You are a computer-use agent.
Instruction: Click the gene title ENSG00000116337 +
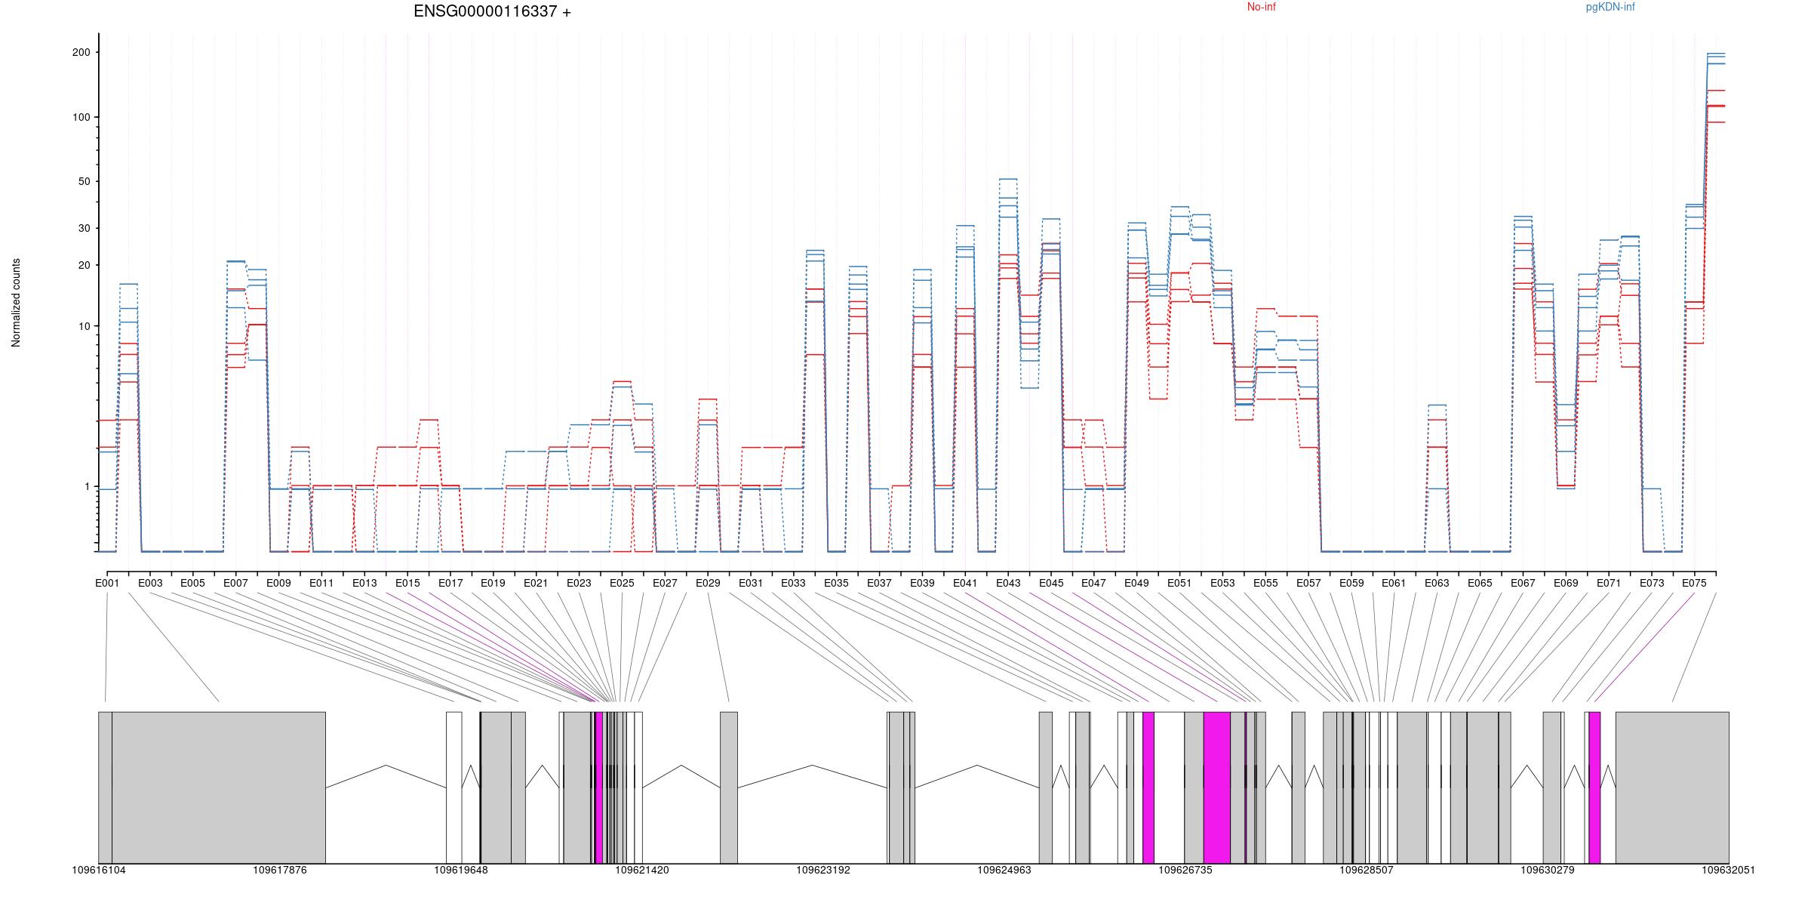tap(492, 12)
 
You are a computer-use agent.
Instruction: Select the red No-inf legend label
tap(1261, 8)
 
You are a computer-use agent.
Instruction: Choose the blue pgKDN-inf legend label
tap(1610, 8)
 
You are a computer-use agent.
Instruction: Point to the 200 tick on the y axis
tap(81, 53)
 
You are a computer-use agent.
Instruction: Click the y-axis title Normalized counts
tap(17, 303)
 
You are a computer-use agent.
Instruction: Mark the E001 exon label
tap(107, 584)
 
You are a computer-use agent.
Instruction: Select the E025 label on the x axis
tap(622, 584)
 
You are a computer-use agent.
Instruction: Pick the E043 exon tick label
tap(1008, 584)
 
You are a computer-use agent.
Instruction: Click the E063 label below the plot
tap(1437, 584)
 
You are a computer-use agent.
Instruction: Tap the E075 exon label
tap(1694, 584)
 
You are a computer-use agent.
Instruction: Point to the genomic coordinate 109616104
tap(99, 871)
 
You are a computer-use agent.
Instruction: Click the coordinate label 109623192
tap(823, 871)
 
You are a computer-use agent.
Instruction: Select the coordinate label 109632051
tap(1728, 871)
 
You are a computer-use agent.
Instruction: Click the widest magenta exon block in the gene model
tap(1216, 787)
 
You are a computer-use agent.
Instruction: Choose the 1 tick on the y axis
tap(87, 487)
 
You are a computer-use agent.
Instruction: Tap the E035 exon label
tap(836, 584)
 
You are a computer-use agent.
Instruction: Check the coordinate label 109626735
tap(1185, 871)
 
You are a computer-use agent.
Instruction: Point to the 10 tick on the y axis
tap(84, 327)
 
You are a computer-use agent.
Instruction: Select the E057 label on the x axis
tap(1308, 584)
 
